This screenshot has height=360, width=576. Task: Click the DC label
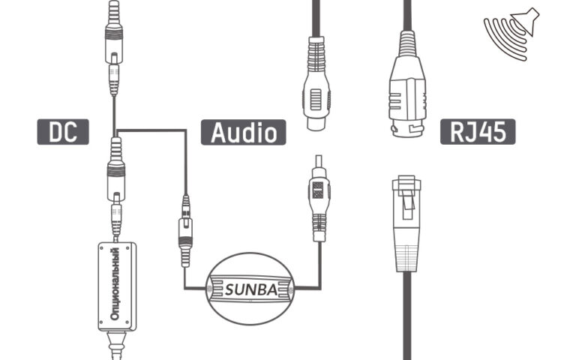[63, 131]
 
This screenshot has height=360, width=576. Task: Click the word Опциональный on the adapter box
[115, 286]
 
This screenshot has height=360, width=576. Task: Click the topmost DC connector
[113, 45]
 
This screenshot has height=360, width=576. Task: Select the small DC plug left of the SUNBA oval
[184, 225]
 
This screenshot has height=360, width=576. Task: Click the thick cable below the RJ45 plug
[407, 315]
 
